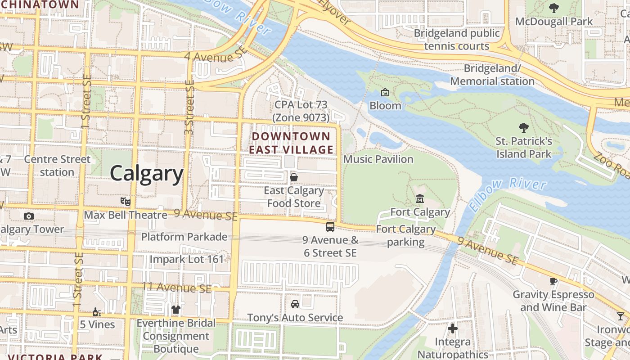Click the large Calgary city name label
click(x=147, y=173)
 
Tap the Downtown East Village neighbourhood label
click(x=292, y=143)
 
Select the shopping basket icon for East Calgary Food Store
click(x=294, y=177)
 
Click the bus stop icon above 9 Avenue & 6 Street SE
click(x=330, y=226)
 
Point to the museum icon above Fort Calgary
click(x=420, y=198)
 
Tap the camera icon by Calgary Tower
click(x=28, y=216)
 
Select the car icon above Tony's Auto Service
click(x=295, y=304)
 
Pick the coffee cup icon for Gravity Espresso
click(x=553, y=281)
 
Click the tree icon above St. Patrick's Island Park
click(x=524, y=128)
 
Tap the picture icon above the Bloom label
click(x=385, y=92)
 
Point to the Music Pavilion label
click(x=378, y=159)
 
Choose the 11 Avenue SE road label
click(x=176, y=287)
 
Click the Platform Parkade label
click(x=184, y=237)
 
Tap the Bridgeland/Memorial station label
click(x=492, y=75)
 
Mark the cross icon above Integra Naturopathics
click(x=453, y=328)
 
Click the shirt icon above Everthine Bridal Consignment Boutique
click(x=176, y=310)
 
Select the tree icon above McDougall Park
click(x=553, y=8)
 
